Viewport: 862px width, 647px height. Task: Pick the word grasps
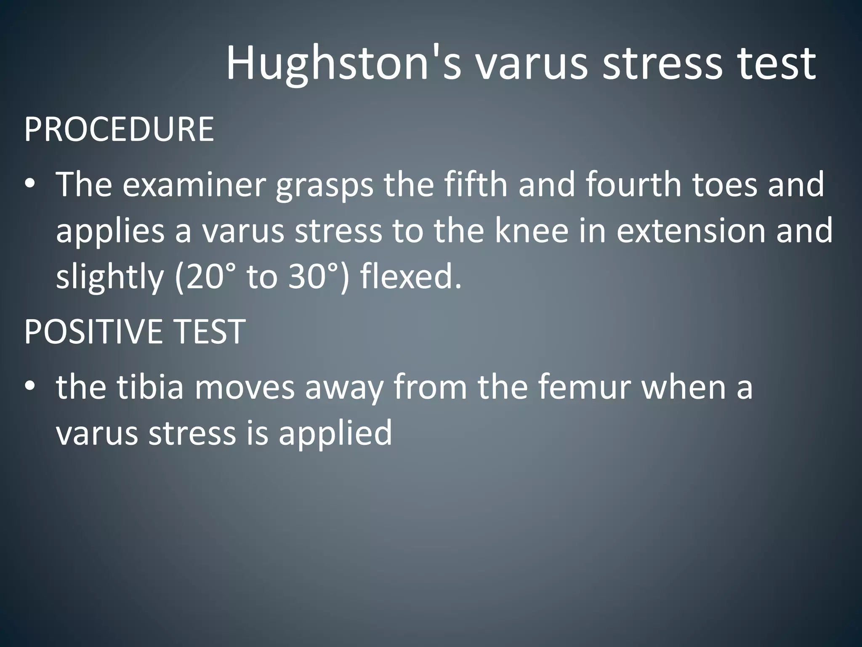pos(325,185)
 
